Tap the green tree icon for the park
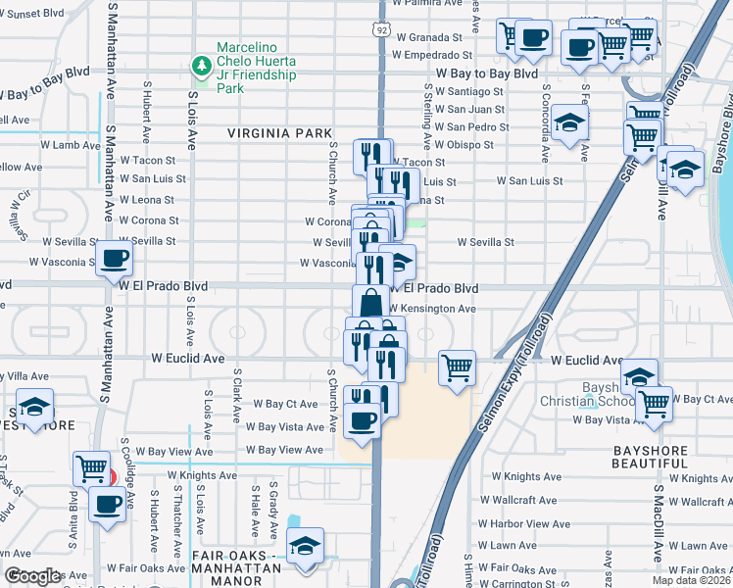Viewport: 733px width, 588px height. click(x=202, y=66)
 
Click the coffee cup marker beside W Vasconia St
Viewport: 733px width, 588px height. click(x=115, y=260)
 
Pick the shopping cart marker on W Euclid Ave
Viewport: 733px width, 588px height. click(x=457, y=368)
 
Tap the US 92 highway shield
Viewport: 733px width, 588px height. click(x=381, y=30)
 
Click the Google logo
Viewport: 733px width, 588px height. click(x=31, y=576)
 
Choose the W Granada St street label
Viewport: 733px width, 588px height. click(x=430, y=37)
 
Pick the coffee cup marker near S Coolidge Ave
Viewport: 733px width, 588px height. click(x=107, y=505)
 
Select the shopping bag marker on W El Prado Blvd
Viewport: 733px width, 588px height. click(x=370, y=302)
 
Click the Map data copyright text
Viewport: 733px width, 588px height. click(x=691, y=580)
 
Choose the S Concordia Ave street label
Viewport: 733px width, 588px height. click(x=545, y=122)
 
